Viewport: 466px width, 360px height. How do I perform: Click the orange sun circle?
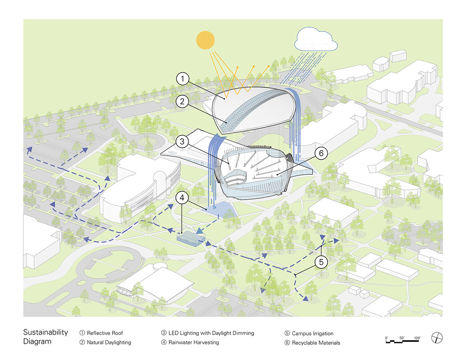click(x=205, y=40)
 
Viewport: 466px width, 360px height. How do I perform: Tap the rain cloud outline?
click(x=315, y=39)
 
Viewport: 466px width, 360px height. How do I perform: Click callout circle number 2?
click(x=183, y=102)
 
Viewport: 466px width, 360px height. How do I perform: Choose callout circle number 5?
click(x=321, y=262)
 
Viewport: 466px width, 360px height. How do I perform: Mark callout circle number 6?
click(x=321, y=153)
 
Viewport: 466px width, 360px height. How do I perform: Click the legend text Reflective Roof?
click(x=104, y=333)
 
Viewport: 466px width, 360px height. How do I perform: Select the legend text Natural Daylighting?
click(x=109, y=343)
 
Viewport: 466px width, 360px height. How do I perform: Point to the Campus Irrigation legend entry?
click(x=312, y=333)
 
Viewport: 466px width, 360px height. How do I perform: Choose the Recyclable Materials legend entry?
click(x=316, y=343)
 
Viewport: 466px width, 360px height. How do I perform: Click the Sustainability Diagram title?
click(x=45, y=337)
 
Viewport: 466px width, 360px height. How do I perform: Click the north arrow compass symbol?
click(x=437, y=338)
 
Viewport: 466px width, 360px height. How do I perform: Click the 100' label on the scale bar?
click(x=417, y=338)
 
